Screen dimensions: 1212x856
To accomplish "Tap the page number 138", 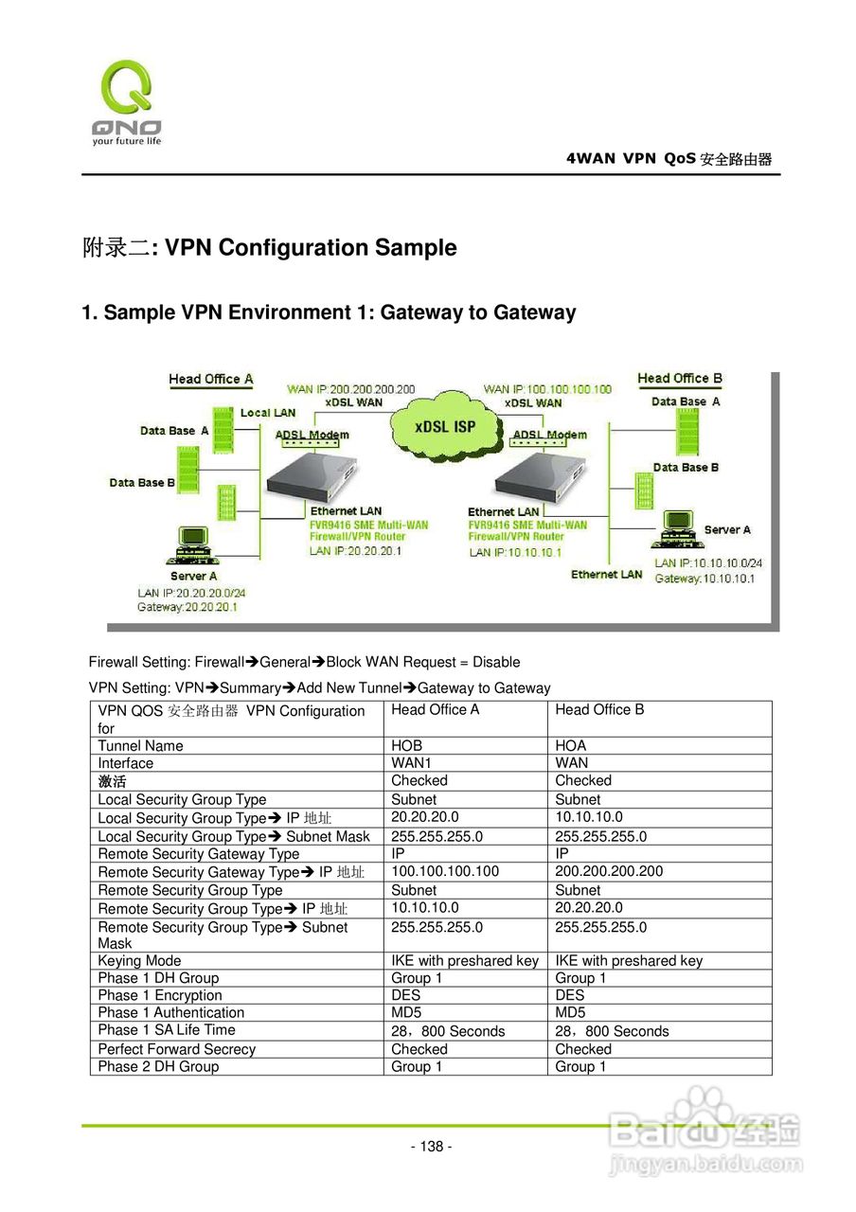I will (431, 1147).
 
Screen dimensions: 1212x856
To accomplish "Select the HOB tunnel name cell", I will (407, 746).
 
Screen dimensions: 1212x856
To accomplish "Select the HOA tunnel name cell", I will (571, 746).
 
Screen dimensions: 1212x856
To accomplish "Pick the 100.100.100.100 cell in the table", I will (445, 871).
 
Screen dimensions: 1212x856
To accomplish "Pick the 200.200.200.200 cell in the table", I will (609, 871).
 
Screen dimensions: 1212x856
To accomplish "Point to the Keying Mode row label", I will (139, 961).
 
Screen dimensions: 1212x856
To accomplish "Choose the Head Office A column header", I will (436, 710).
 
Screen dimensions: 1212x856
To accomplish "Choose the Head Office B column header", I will (599, 710).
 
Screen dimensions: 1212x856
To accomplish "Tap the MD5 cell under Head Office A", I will (406, 1013).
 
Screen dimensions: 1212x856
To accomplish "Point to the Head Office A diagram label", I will (211, 380).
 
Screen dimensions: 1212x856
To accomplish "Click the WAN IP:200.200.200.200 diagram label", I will (351, 389).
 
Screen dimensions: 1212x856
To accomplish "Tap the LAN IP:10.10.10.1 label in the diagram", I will (515, 552).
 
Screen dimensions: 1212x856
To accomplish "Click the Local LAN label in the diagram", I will (268, 413).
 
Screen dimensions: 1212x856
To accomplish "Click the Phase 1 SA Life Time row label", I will (167, 1030).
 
